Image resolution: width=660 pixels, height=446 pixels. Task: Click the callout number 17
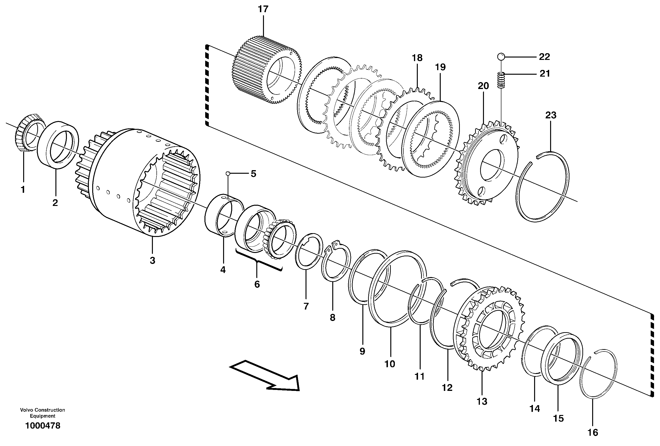(263, 9)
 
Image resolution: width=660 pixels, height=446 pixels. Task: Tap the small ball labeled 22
(501, 57)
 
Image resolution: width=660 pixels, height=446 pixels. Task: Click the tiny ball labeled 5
(227, 173)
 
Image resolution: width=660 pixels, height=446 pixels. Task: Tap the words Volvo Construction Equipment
(43, 413)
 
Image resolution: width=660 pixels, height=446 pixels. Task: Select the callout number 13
(482, 401)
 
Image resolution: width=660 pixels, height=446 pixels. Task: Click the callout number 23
(550, 115)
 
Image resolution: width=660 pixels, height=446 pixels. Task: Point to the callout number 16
(593, 432)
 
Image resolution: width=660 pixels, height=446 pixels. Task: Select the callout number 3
(152, 260)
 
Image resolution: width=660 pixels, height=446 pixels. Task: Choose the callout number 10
(390, 364)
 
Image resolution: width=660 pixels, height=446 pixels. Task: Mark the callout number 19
(440, 67)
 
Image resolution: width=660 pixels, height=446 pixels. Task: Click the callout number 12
(447, 388)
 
